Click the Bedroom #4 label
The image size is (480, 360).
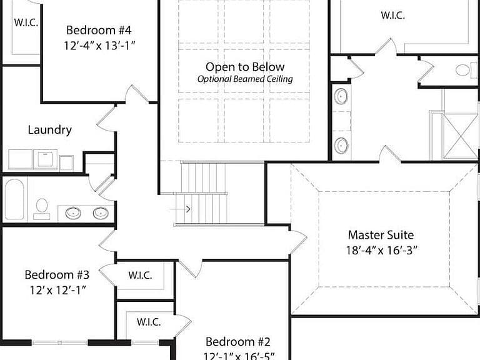pos(99,30)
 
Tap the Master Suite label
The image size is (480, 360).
pos(381,235)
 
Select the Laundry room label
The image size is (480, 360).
pos(50,130)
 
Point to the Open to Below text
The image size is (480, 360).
pos(245,67)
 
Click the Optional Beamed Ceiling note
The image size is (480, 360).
pos(245,79)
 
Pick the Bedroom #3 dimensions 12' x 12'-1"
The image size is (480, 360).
pos(57,289)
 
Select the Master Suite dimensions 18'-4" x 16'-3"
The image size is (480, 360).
pos(381,250)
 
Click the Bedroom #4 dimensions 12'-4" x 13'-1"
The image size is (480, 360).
pos(99,45)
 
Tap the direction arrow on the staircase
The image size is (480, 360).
pos(180,209)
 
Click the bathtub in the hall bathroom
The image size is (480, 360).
pos(14,199)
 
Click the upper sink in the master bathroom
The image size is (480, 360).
pos(341,96)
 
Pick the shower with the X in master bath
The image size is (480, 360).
pos(460,136)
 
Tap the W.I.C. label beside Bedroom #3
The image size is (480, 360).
pos(140,275)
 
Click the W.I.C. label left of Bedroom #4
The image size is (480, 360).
pos(26,22)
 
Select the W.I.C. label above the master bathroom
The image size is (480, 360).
pos(392,15)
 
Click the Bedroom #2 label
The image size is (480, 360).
pos(238,342)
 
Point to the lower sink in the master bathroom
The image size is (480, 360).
pos(341,145)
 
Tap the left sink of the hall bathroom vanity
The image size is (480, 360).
pos(74,212)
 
